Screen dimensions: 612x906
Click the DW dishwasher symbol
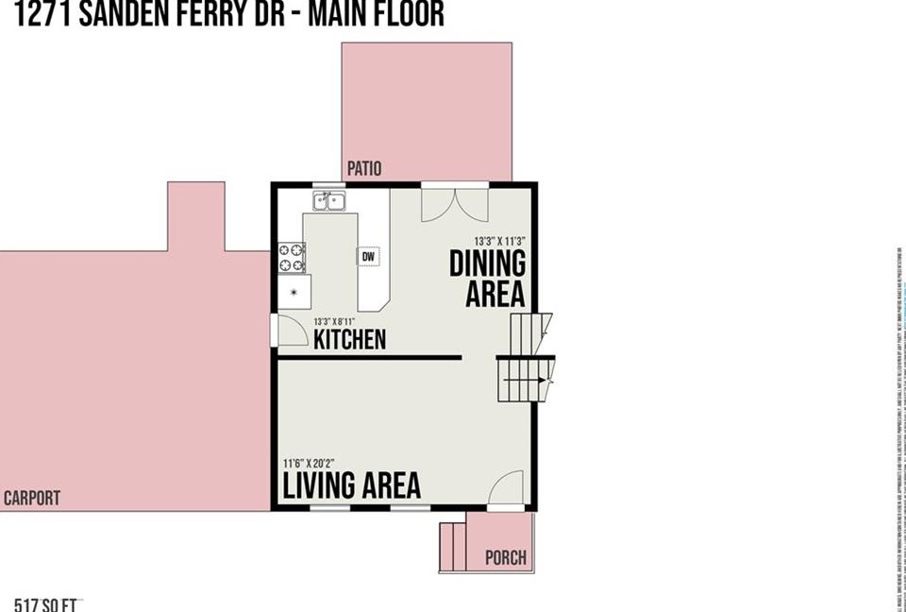(368, 256)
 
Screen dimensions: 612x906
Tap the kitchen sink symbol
(329, 199)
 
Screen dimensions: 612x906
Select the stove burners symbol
(293, 258)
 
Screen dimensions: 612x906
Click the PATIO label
(364, 169)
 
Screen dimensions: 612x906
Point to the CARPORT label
(32, 498)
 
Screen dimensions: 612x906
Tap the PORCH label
(505, 557)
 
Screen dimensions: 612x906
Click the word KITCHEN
(349, 339)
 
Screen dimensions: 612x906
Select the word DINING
(487, 263)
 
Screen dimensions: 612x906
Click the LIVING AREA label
(352, 485)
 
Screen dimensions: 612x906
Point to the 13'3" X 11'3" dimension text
(499, 240)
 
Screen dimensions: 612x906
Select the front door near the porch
(507, 488)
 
